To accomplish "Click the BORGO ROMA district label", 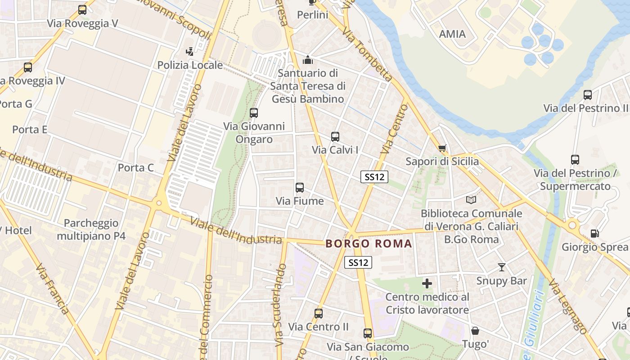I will pyautogui.click(x=369, y=244).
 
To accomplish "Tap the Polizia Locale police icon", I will pyautogui.click(x=190, y=52).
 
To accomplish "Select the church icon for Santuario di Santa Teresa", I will pyautogui.click(x=308, y=59).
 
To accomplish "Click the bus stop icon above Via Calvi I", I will pyautogui.click(x=335, y=137).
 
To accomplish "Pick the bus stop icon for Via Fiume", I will pyautogui.click(x=300, y=188).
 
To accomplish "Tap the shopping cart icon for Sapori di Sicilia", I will pyautogui.click(x=442, y=148).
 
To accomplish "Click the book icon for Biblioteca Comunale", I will pyautogui.click(x=471, y=200).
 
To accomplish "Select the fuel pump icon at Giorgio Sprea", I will pyautogui.click(x=594, y=234).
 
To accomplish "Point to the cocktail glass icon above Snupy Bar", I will pyautogui.click(x=502, y=267).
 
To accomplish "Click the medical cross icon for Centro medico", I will pyautogui.click(x=427, y=283).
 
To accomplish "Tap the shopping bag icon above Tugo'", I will pyautogui.click(x=475, y=331).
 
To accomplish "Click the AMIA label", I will pyautogui.click(x=452, y=34).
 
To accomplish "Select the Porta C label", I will pyautogui.click(x=135, y=168).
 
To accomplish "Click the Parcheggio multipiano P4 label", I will pyautogui.click(x=91, y=229).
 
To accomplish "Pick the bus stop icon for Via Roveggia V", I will pyautogui.click(x=82, y=10).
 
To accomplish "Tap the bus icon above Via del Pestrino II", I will pyautogui.click(x=587, y=95).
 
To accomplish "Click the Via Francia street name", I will pyautogui.click(x=52, y=288).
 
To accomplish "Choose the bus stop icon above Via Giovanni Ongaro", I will pyautogui.click(x=254, y=113).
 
